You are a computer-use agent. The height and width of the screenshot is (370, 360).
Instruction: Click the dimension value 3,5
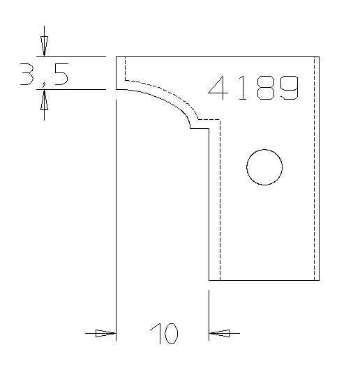43,72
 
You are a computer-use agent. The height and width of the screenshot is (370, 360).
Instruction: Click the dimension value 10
163,334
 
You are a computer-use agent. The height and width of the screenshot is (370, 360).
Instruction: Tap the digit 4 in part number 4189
219,88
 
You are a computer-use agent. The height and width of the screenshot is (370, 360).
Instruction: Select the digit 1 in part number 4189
242,88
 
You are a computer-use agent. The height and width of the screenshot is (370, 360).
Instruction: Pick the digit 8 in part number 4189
264,88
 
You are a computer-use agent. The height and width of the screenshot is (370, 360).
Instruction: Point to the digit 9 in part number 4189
288,88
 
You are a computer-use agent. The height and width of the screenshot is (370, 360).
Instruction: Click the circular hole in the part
264,167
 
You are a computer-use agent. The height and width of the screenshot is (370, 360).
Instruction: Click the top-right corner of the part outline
320,56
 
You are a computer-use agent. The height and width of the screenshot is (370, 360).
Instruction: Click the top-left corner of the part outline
116,56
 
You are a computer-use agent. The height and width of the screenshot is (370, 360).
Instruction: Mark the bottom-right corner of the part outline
320,280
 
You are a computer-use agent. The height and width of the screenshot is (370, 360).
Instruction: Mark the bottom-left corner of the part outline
209,280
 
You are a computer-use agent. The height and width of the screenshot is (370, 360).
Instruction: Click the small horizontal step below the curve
200,128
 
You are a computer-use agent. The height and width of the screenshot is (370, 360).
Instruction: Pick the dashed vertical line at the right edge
315,167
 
